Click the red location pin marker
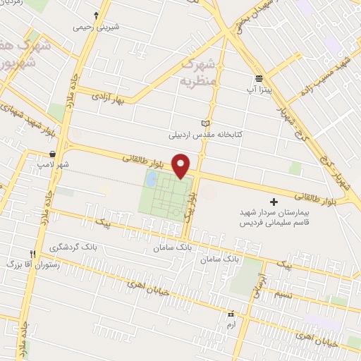182,165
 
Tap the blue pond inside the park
152,180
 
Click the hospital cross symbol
274,202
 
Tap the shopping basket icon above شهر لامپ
53,154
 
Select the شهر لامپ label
54,165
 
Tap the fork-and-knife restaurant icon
32,254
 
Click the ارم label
230,324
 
